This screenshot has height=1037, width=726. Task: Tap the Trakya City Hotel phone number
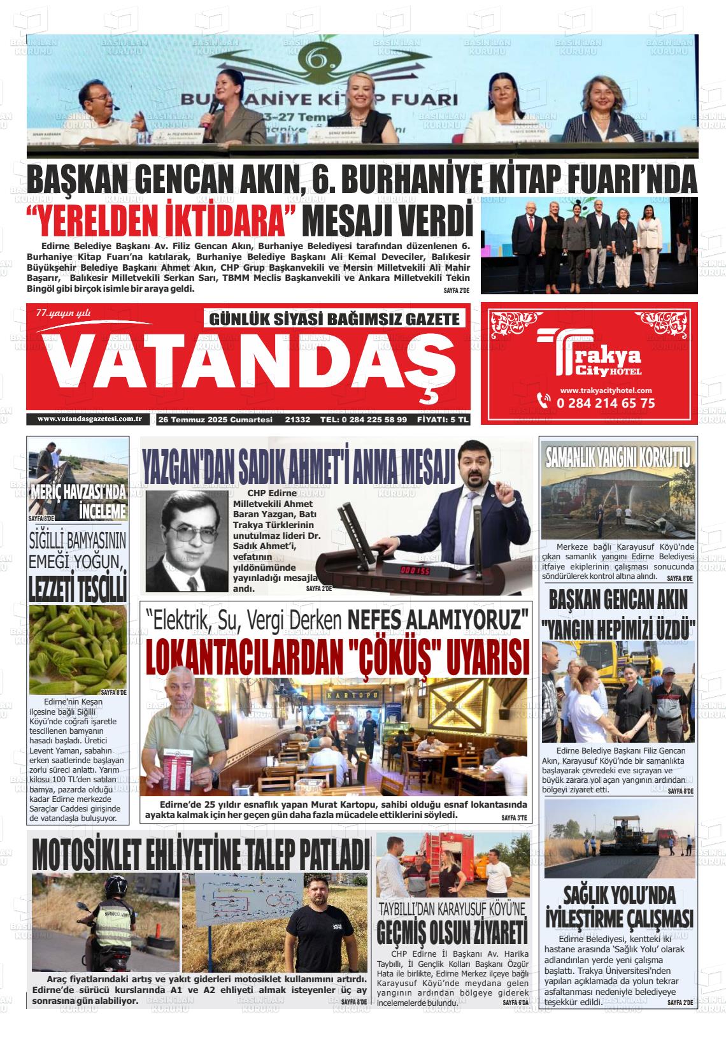click(605, 403)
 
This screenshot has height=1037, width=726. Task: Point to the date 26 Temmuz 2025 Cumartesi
click(215, 420)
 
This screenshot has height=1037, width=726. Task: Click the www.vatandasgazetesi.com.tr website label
click(89, 419)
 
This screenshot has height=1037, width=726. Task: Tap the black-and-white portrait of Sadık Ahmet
click(186, 540)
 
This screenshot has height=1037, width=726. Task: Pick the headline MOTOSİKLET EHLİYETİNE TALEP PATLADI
click(201, 852)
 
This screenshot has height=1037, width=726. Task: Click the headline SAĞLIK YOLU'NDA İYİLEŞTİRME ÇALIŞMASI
click(619, 907)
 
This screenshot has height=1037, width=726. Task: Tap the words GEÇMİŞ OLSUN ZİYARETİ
click(452, 931)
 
